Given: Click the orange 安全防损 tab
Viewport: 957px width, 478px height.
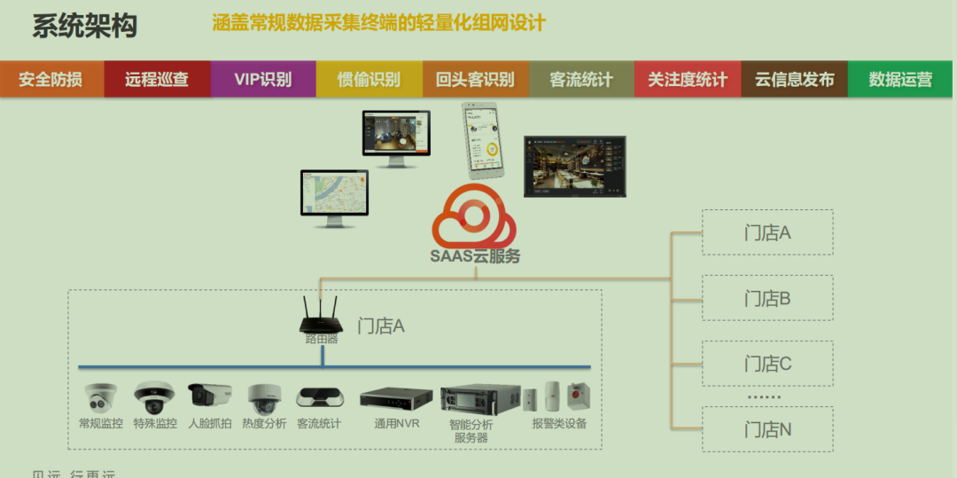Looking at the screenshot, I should tap(51, 79).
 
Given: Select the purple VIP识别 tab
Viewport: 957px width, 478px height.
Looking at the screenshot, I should tap(263, 79).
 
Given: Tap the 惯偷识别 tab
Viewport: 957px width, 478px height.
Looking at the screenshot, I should tap(369, 79).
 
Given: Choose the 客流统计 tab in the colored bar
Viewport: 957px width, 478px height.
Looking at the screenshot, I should tap(581, 79).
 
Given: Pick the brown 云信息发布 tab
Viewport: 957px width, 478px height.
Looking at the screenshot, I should tap(794, 79).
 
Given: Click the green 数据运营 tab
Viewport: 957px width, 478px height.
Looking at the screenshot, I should tap(900, 79).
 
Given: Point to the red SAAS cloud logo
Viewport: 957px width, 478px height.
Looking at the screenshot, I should tap(474, 218).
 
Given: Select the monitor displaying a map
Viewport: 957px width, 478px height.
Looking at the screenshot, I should tap(333, 197).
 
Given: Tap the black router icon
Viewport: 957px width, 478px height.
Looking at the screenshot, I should tap(321, 315).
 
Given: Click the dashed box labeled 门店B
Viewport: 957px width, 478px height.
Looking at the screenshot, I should tap(767, 298).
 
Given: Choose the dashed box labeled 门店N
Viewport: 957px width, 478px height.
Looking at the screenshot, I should tap(767, 429).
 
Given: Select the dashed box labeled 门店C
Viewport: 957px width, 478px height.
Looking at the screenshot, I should tap(767, 364).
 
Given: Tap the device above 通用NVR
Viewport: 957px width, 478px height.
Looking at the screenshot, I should tap(396, 397).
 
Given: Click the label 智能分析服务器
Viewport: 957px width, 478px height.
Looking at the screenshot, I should tap(471, 431).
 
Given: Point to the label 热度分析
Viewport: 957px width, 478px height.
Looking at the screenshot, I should tap(264, 424).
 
